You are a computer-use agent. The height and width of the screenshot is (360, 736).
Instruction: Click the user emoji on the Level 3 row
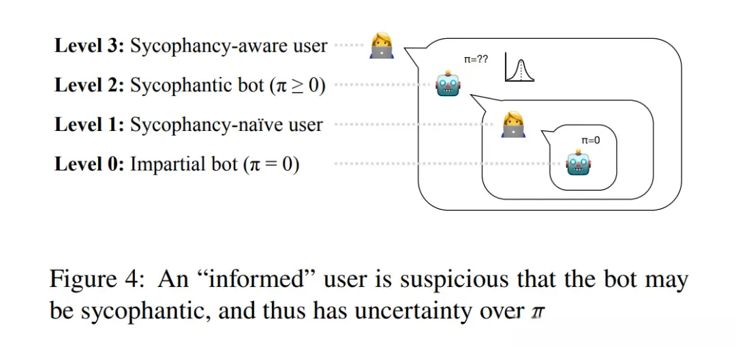click(x=381, y=46)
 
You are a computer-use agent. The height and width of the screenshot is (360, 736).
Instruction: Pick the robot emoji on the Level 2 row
click(x=448, y=85)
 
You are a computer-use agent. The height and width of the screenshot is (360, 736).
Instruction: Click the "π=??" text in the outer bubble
click(x=476, y=60)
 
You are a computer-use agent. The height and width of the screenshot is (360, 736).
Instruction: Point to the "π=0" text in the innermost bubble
click(x=590, y=140)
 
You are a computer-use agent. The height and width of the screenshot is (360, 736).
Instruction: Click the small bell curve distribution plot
click(x=519, y=69)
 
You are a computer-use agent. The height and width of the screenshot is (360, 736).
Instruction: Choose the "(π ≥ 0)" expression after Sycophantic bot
click(x=298, y=86)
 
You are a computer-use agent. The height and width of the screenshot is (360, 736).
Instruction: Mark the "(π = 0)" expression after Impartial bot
click(x=271, y=165)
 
